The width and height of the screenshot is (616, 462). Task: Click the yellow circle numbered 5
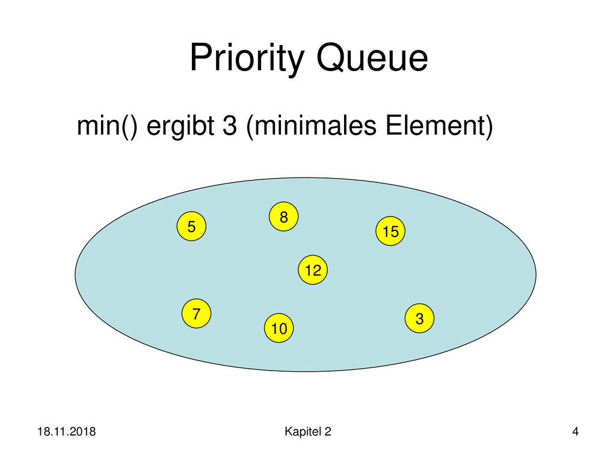[x=191, y=226]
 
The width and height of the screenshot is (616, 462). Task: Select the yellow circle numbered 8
[x=284, y=217]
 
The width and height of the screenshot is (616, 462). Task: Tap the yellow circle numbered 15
[x=390, y=231]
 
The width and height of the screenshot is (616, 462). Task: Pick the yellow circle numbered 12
[x=313, y=270]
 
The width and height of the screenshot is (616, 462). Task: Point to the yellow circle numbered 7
[x=197, y=313]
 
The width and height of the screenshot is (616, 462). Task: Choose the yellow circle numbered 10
[x=279, y=328]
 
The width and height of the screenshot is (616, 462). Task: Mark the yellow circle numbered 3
[x=419, y=318]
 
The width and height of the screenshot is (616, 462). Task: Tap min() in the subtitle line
[x=107, y=126]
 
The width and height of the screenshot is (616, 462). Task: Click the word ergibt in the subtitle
[x=180, y=126]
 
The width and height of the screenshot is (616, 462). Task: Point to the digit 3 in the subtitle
[x=230, y=126]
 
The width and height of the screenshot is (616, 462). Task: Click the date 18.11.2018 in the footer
[x=66, y=432]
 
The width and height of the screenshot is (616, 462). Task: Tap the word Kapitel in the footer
[x=302, y=432]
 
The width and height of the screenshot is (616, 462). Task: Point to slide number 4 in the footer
[x=575, y=432]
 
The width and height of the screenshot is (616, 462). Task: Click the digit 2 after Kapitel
[x=328, y=432]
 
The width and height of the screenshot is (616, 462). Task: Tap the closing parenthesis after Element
[x=489, y=126]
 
